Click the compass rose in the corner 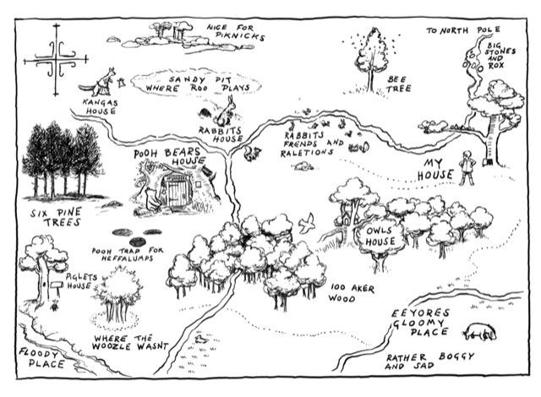(x=57, y=60)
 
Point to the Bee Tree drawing (x=369, y=52)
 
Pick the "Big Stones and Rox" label (x=501, y=57)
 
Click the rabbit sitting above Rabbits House (x=225, y=107)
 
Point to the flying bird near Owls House (x=311, y=221)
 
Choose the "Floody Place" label (x=37, y=359)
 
